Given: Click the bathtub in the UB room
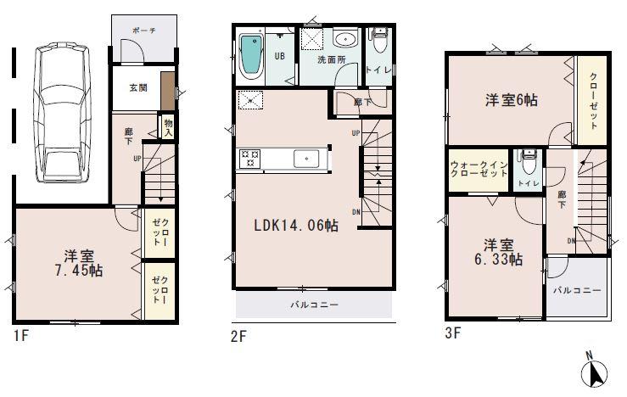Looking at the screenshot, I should [x=251, y=55].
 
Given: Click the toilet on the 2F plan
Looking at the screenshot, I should [x=378, y=39].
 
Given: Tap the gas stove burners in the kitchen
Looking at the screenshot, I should [x=250, y=158].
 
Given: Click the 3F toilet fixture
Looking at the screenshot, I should [x=529, y=158].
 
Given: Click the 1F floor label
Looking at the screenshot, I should [x=20, y=335].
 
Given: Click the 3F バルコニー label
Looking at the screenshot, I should [x=578, y=290].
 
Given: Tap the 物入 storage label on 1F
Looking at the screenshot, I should [x=168, y=127].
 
